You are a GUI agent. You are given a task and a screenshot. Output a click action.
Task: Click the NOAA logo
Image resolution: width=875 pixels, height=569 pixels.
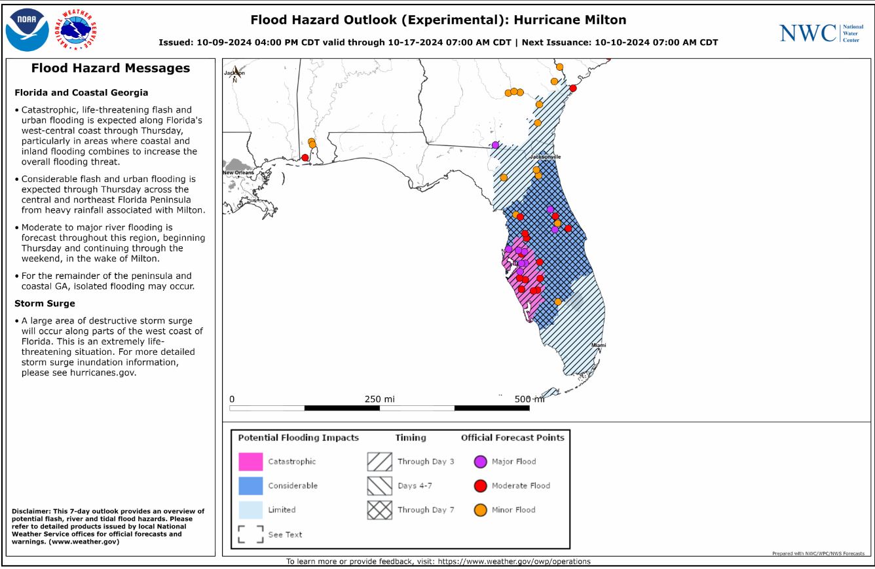click(28, 30)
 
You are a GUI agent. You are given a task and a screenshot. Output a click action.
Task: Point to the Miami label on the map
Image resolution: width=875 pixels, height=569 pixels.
click(599, 344)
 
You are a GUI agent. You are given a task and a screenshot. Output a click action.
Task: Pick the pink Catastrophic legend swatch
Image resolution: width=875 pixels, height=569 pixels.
click(250, 462)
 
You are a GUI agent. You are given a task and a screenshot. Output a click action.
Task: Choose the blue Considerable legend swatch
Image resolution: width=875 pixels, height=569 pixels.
click(250, 486)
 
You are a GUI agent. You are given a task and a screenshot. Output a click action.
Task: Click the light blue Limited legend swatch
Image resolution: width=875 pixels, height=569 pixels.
click(250, 509)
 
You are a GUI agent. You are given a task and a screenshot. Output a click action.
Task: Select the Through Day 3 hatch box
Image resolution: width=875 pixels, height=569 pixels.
click(380, 462)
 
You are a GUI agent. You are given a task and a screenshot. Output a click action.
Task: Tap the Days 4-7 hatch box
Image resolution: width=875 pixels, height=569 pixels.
click(380, 486)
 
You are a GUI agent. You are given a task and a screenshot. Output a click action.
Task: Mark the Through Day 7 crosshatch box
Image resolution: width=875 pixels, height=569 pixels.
click(380, 509)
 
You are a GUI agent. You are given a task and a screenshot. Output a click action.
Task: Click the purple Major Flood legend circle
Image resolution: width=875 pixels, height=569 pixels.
click(480, 462)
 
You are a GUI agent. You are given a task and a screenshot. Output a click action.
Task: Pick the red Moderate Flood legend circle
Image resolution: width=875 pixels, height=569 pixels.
click(480, 486)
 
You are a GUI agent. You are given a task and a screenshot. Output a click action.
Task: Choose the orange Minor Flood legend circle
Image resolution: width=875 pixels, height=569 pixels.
click(480, 509)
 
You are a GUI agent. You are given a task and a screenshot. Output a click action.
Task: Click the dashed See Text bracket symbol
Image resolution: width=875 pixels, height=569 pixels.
click(250, 534)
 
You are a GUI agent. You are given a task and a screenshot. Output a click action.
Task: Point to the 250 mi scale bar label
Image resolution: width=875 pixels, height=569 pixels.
click(379, 399)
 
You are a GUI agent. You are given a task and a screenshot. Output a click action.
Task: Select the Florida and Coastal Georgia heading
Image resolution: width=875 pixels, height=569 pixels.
click(81, 92)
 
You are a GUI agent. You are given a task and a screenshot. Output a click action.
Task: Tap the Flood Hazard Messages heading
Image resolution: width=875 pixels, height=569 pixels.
click(111, 68)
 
